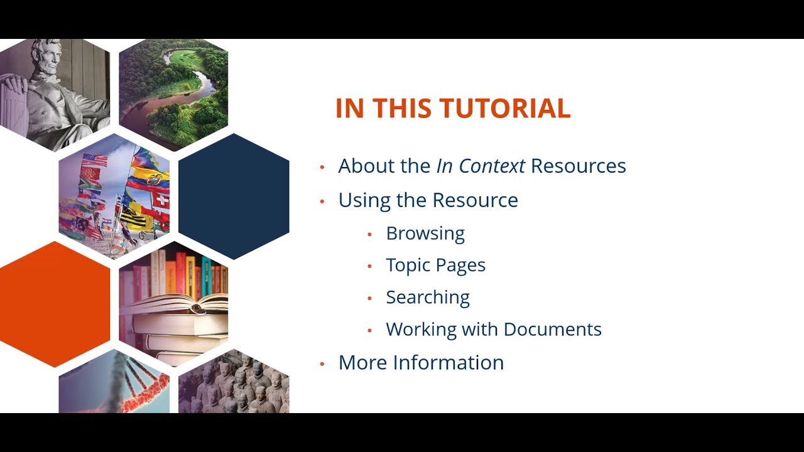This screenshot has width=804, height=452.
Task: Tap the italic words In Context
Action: point(481,166)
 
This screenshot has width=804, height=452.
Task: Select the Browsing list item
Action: point(425,233)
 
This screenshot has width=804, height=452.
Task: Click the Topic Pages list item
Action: point(435,265)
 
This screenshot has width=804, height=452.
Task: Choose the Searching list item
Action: point(428,297)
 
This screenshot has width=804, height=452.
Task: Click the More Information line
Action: point(421,362)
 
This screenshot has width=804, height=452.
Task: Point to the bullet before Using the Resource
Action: point(322,201)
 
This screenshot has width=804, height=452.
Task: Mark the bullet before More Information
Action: point(322,363)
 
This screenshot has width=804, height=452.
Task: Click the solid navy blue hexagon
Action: point(234,196)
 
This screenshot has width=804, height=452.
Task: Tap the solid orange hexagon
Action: point(54,304)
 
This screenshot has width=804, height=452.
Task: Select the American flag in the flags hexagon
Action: point(95,160)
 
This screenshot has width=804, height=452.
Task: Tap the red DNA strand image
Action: point(126,386)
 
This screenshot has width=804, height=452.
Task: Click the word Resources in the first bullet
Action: point(578,166)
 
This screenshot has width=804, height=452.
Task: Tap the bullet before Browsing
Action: point(370,234)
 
